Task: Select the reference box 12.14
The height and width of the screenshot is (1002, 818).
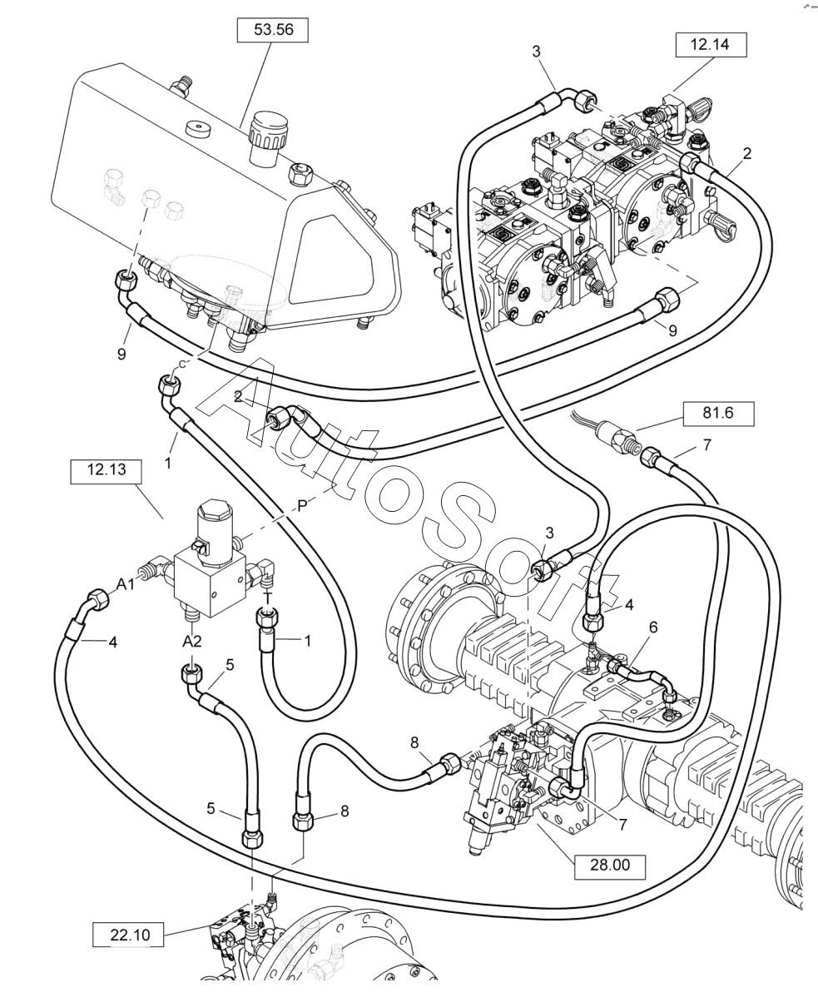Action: tap(710, 45)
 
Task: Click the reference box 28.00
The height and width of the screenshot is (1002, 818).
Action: tap(610, 865)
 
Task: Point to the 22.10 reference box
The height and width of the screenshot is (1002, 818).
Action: tap(129, 935)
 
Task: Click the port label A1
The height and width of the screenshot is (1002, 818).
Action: tap(126, 585)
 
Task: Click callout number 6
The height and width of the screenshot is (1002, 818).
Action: tap(654, 627)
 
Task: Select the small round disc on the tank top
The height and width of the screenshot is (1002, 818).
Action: tap(197, 129)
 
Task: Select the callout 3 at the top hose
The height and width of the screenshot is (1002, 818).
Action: tap(538, 52)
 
